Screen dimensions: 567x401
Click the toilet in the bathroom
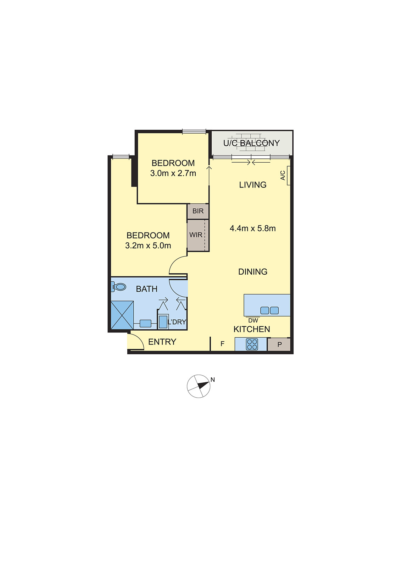click(x=119, y=287)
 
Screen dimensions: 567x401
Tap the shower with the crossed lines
click(x=122, y=315)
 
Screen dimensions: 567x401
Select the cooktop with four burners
click(x=252, y=344)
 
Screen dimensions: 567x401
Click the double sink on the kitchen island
click(x=269, y=310)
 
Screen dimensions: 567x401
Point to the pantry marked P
click(x=279, y=344)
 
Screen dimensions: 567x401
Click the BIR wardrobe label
click(x=198, y=211)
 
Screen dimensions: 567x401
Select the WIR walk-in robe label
click(x=196, y=235)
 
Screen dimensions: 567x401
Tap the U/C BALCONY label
click(x=251, y=143)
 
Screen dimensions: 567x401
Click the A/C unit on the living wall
click(x=289, y=175)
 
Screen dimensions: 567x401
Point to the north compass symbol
click(x=199, y=386)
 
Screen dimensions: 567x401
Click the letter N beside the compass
click(x=213, y=380)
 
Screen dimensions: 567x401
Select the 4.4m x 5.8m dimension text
click(x=252, y=229)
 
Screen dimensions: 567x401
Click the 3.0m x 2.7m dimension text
click(x=173, y=173)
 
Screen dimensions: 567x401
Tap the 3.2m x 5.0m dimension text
click(x=148, y=246)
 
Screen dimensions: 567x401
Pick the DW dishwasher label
click(x=253, y=320)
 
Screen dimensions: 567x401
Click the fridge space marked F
click(x=222, y=344)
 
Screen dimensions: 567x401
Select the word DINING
click(x=253, y=272)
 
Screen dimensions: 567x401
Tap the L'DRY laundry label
click(x=177, y=322)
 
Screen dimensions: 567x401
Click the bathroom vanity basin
click(x=145, y=323)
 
